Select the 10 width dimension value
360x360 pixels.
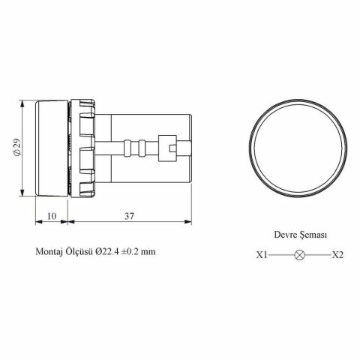52,216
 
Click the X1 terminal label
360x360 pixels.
262,256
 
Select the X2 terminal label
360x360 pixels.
337,256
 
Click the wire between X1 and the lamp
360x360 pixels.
281,256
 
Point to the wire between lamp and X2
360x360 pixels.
317,256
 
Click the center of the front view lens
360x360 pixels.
299,148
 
